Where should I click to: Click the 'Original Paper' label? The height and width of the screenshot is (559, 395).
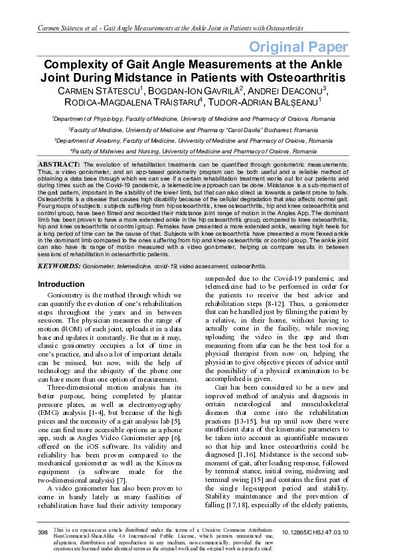(x=298, y=46)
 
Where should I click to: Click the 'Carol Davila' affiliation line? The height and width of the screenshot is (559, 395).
(x=195, y=130)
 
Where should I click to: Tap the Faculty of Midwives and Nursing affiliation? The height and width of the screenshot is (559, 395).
(x=193, y=151)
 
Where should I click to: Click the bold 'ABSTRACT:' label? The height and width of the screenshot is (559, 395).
(x=59, y=163)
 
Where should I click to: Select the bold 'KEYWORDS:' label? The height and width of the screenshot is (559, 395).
(x=60, y=266)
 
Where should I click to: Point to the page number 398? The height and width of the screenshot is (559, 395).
(x=43, y=532)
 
